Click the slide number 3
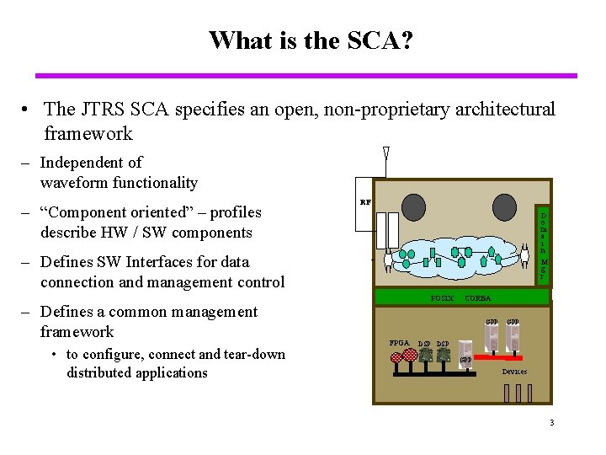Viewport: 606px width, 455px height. tap(551, 423)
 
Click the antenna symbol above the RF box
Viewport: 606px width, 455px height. tap(385, 155)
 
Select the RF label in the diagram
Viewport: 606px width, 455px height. tap(365, 202)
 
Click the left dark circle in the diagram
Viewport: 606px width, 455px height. tap(413, 207)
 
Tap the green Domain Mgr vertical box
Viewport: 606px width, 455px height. tap(544, 244)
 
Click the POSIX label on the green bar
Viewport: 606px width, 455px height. tap(442, 298)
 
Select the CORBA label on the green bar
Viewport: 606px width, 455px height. tap(478, 298)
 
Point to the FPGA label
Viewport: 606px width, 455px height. tap(399, 342)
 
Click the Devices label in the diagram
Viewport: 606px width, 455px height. tap(514, 371)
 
